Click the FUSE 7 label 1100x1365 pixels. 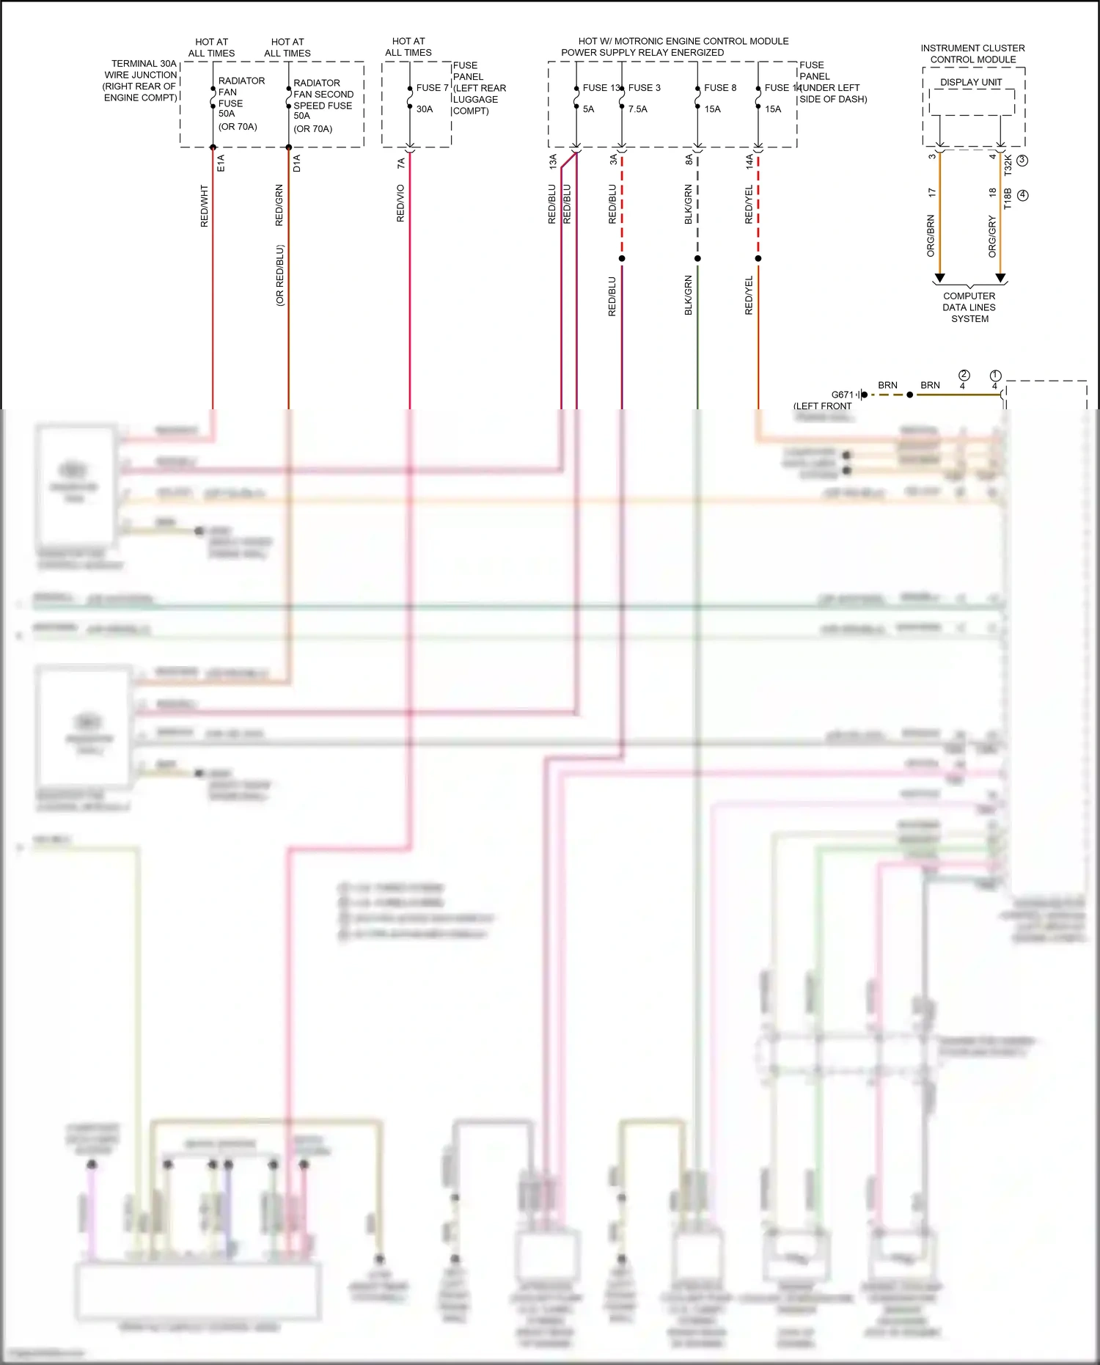pos(432,88)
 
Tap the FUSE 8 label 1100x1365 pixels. pos(719,88)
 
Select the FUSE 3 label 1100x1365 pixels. pos(644,88)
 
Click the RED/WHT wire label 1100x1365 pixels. pos(205,206)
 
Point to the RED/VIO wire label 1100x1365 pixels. pos(400,203)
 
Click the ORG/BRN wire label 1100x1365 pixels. pos(931,235)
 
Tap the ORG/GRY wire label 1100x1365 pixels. pos(992,236)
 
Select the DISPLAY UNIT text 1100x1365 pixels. pos(971,82)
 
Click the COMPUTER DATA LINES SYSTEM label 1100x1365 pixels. pos(969,307)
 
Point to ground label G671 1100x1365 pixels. pos(843,395)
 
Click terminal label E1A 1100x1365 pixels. pos(221,163)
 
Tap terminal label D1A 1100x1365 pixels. pos(297,163)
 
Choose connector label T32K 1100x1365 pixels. pos(1008,164)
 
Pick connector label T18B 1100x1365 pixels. pos(1008,198)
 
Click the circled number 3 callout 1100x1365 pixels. pos(1022,160)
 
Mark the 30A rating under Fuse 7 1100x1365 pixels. pos(425,109)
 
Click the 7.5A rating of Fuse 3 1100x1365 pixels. pos(637,109)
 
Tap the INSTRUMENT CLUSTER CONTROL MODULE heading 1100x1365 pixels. pos(972,54)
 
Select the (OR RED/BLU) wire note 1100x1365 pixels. pos(280,275)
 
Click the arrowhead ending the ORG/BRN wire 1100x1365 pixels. pos(939,278)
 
